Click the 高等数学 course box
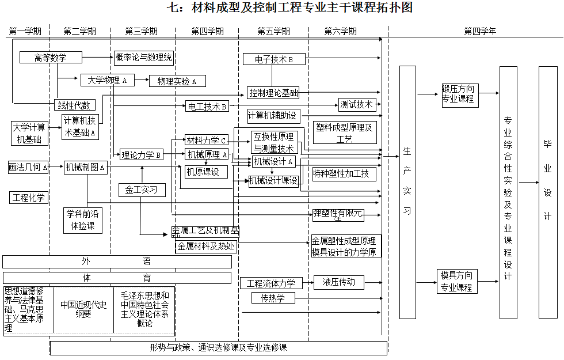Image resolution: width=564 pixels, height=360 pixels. [51, 58]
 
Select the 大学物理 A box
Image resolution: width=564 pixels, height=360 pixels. [107, 80]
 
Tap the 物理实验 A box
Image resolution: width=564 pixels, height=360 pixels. [177, 81]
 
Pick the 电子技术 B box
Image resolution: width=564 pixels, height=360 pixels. [275, 59]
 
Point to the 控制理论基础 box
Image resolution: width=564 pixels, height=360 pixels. [273, 92]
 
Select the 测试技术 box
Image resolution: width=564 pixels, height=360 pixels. [357, 105]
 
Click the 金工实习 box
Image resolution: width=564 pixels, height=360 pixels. [141, 189]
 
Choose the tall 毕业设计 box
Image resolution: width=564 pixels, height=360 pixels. [548, 192]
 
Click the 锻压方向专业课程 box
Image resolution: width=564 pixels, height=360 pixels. [458, 93]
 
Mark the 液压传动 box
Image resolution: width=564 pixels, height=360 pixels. [339, 282]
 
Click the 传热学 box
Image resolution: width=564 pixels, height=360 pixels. [273, 298]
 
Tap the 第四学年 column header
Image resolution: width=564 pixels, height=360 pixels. [479, 31]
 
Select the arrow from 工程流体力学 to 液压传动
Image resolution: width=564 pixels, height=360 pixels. [307, 283]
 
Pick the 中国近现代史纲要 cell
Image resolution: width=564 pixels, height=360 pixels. [83, 310]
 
